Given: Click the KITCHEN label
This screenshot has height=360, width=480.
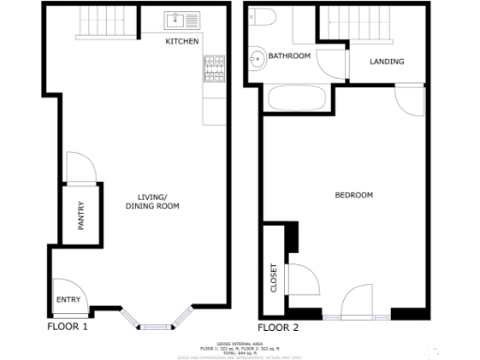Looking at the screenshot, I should (182, 42).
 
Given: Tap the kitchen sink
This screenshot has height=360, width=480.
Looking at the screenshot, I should (178, 19).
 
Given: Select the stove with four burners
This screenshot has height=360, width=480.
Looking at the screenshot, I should (214, 68).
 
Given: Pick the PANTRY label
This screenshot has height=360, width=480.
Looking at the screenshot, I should (81, 217).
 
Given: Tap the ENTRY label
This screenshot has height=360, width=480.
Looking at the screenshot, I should (68, 300).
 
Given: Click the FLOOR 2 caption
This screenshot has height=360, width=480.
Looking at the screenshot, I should (277, 328).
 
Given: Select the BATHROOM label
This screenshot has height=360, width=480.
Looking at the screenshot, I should (289, 56).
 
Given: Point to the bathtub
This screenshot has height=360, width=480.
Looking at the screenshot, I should (294, 97).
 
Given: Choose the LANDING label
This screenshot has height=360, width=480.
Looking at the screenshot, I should (387, 62).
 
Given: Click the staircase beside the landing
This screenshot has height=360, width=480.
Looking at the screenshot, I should (356, 22).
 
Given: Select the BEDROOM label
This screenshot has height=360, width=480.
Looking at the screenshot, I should (353, 195).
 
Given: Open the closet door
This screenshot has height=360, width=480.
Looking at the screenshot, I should (302, 278).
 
